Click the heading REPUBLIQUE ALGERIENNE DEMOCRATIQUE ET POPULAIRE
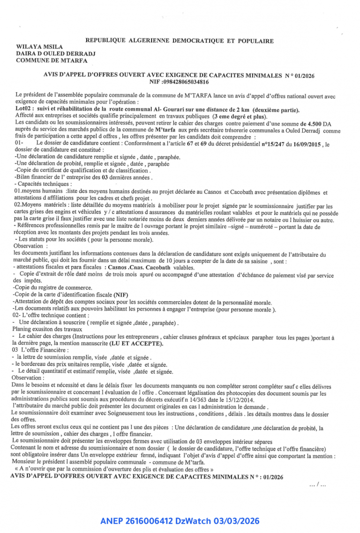(180, 41)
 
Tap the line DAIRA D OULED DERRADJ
(55, 53)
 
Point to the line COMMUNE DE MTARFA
(49, 59)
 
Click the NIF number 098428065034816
(186, 81)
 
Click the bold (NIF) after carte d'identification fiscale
(120, 295)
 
